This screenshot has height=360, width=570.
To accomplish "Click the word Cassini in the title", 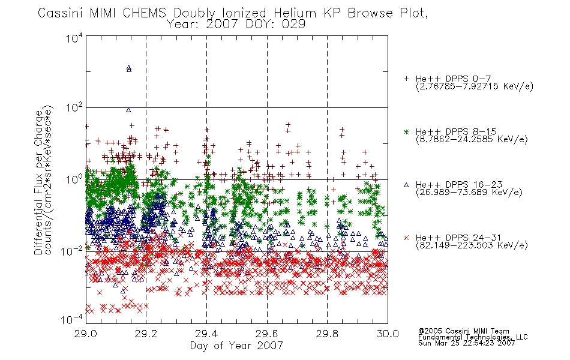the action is (61, 13).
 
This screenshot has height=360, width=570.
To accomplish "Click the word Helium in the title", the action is (295, 13).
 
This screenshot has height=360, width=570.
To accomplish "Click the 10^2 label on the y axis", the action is (74, 107).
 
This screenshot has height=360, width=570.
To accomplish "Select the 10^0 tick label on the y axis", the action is (74, 179).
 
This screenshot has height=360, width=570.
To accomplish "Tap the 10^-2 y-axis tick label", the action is (73, 251).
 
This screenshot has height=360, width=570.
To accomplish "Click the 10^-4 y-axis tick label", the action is (73, 319).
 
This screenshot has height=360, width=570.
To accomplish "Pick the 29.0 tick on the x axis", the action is (86, 334).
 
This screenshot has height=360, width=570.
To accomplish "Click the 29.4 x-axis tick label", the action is (206, 334).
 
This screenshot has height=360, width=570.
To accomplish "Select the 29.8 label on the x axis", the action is (327, 334).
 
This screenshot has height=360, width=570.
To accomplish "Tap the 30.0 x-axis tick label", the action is (388, 334).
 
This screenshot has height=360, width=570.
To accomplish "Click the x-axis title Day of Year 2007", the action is (236, 346).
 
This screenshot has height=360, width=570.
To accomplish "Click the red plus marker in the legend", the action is (406, 79).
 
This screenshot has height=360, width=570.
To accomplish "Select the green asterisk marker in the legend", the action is (406, 131).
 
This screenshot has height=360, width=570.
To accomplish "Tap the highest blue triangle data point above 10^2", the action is (128, 67).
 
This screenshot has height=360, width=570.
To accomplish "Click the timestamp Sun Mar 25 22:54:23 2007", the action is (466, 343).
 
